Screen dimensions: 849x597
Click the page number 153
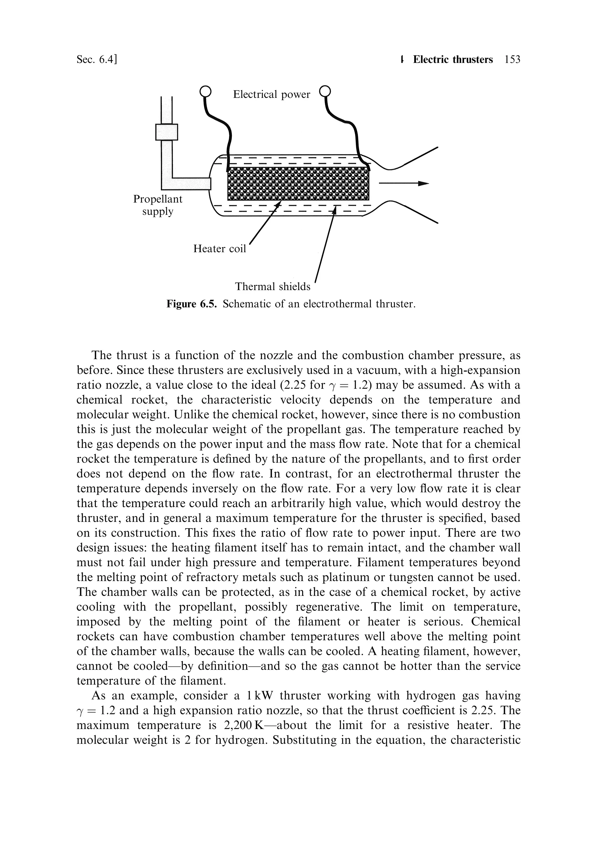[x=512, y=59]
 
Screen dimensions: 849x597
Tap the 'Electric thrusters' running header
[x=453, y=59]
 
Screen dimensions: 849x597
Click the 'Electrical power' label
[x=271, y=95]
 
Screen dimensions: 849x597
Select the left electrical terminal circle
[x=205, y=91]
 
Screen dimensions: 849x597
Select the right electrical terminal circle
[x=325, y=91]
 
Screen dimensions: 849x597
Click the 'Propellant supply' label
[x=158, y=205]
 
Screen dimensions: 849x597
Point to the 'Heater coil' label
[x=220, y=249]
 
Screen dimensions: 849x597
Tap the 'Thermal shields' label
[x=273, y=287]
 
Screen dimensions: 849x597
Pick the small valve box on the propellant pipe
[x=166, y=132]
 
